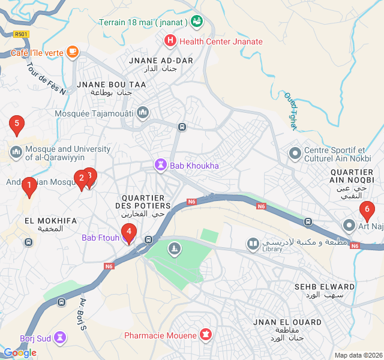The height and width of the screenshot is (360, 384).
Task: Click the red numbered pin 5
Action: click(x=17, y=125)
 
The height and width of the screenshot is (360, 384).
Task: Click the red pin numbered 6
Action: click(x=366, y=211)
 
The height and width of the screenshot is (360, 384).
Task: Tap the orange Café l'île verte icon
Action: click(x=73, y=52)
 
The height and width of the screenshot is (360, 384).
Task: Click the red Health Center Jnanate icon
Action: click(x=170, y=41)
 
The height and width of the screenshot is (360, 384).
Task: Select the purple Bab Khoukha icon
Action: click(x=161, y=165)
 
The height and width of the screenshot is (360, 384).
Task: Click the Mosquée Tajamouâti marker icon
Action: click(x=143, y=113)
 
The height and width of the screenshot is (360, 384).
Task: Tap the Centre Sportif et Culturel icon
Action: click(x=295, y=154)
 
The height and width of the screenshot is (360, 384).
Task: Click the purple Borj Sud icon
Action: click(x=60, y=337)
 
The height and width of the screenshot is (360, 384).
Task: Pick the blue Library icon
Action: click(x=253, y=244)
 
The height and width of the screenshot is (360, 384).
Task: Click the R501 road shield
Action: click(x=22, y=34)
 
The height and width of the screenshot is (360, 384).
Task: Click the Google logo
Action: click(x=20, y=353)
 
